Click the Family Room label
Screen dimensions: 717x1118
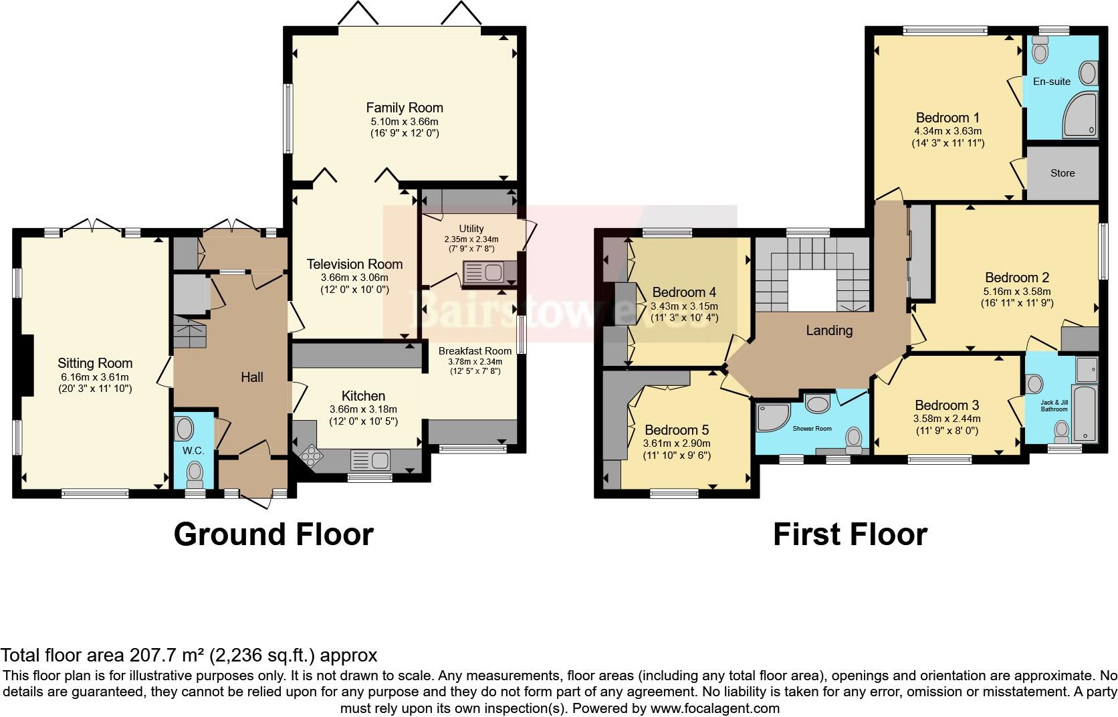[404, 108]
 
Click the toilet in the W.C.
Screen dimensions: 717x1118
[195, 473]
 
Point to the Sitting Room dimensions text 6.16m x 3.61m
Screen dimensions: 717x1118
[95, 377]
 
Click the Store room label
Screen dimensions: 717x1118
[1062, 173]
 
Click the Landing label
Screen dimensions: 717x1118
[828, 330]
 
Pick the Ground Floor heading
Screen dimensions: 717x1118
[273, 534]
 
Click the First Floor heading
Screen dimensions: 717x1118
[849, 534]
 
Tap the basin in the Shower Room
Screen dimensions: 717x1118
[816, 403]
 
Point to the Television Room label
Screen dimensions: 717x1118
[354, 264]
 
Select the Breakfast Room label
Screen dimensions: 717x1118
[475, 350]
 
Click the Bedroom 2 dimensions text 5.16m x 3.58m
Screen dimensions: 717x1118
[1016, 292]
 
